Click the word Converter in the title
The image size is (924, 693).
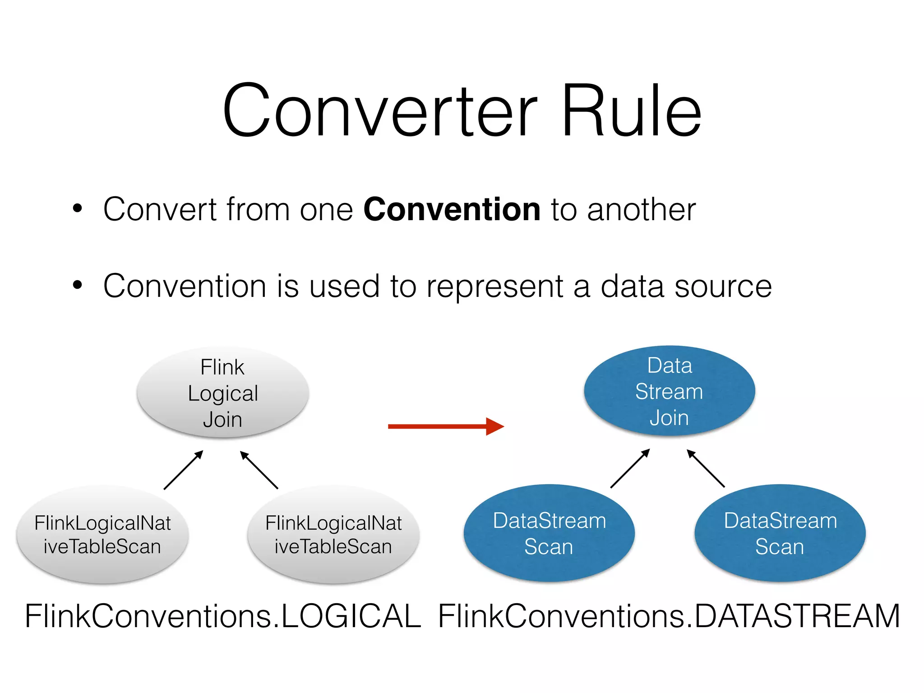tap(380, 111)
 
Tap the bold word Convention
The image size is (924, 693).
tap(452, 210)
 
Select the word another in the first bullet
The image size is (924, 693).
tap(641, 210)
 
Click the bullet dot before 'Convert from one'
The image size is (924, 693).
tap(78, 209)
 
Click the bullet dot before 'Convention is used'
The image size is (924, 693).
tap(78, 285)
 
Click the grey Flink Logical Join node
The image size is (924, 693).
tap(223, 393)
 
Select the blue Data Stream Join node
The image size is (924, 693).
tap(669, 391)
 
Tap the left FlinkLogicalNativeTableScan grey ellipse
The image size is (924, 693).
tap(102, 535)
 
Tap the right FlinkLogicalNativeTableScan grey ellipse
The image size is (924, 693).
tap(333, 535)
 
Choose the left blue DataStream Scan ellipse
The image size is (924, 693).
tap(549, 533)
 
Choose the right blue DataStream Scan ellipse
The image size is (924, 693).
tap(780, 533)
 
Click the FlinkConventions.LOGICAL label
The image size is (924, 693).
tap(223, 616)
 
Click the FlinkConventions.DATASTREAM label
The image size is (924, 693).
tap(669, 616)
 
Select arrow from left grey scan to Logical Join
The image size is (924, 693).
tap(184, 470)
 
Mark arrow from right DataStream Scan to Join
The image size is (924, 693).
tap(706, 468)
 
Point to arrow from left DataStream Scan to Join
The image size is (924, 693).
tap(630, 468)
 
